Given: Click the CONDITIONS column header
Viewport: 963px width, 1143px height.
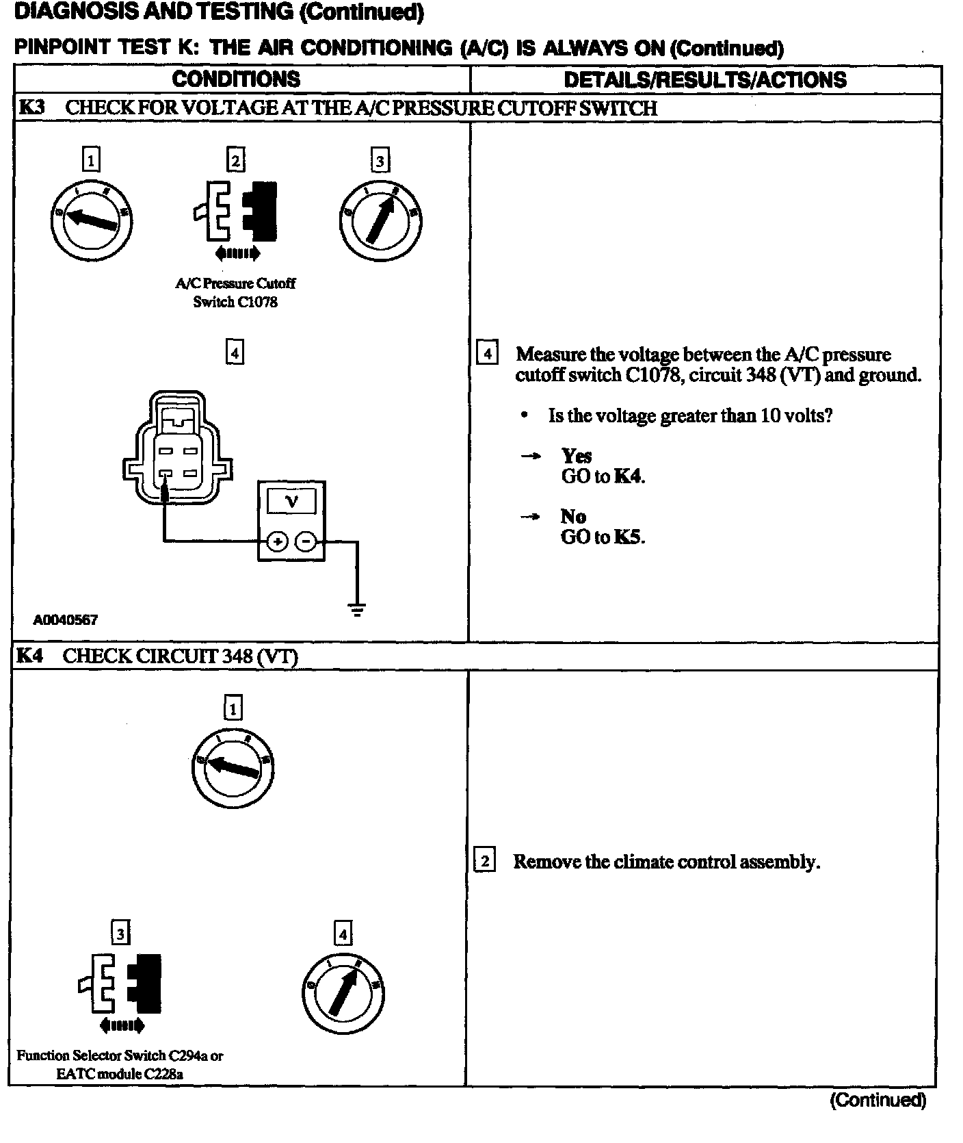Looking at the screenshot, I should (x=236, y=79).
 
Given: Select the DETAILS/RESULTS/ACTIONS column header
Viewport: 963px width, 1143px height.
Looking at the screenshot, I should (x=704, y=80).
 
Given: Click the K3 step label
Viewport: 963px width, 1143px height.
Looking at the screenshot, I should (x=31, y=107).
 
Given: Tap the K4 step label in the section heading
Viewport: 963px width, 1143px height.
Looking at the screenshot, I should (x=30, y=656).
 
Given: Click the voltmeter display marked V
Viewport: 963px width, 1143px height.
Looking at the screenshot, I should (x=291, y=501).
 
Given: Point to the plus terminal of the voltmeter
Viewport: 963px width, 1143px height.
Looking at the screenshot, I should (x=277, y=542).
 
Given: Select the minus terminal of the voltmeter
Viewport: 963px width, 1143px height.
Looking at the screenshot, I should (x=305, y=542).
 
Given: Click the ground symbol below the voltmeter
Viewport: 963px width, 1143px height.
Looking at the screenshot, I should (x=357, y=609).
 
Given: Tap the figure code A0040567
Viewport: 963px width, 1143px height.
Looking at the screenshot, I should (x=66, y=620).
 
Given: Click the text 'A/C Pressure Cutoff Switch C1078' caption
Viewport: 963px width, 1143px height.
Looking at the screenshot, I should (x=235, y=293).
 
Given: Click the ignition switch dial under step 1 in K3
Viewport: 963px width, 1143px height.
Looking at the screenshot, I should (x=92, y=220).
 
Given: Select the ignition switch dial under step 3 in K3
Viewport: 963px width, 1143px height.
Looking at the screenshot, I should (x=380, y=220).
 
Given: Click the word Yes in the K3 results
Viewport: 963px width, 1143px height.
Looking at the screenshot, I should (x=576, y=456).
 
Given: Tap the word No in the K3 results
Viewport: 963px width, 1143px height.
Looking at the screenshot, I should (x=572, y=516).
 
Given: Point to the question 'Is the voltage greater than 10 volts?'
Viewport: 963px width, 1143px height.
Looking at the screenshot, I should (x=690, y=415).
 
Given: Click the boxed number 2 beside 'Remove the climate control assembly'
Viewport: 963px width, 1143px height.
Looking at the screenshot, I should (x=484, y=860).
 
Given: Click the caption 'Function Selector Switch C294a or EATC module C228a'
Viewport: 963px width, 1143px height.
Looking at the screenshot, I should (x=120, y=1064).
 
